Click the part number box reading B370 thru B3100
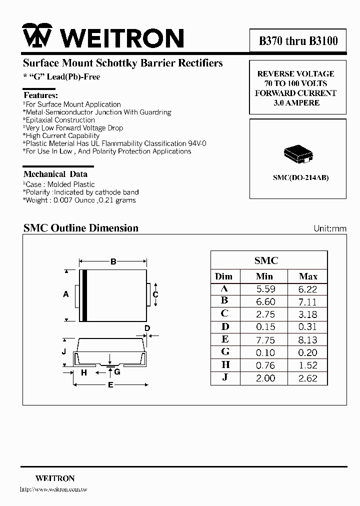coord(298,41)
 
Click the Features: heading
coord(41,95)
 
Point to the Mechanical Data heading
coord(55,174)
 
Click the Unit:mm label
coord(330,228)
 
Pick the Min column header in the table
coord(264,276)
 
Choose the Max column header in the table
coord(308,276)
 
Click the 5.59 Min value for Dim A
coord(265,289)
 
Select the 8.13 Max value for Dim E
coord(308,340)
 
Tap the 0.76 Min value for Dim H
coord(265,365)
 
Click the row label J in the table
coord(225,378)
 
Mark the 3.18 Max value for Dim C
coord(308,314)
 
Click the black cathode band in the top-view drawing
coord(85,295)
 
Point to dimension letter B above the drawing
coord(113,261)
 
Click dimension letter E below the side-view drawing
coord(110,384)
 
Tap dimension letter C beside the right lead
coord(155,294)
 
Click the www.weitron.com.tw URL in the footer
coord(53,490)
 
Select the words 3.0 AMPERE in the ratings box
coord(296,102)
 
